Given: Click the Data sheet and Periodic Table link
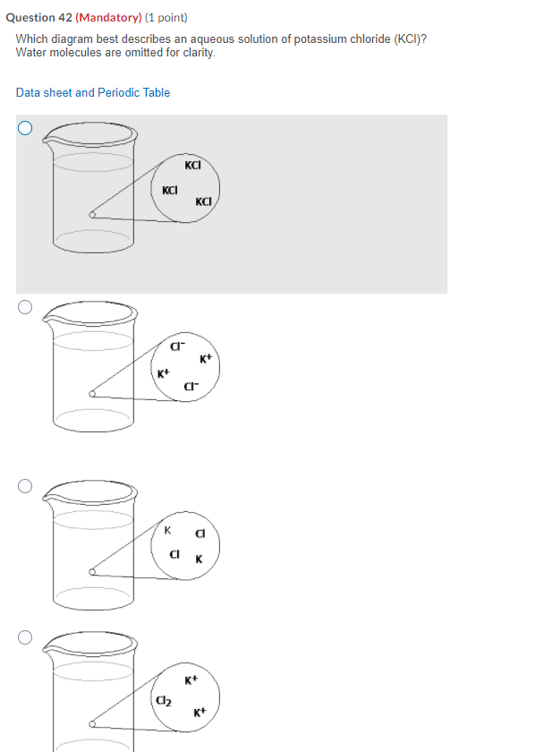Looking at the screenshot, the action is [x=93, y=92].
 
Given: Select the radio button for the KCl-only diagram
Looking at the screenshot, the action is [x=25, y=128].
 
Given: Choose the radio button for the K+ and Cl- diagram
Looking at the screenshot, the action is [x=25, y=307].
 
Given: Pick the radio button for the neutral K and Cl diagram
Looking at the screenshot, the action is [x=25, y=486].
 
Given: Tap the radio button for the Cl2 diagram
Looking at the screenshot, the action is [x=25, y=637].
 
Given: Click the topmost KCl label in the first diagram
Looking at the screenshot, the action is [x=192, y=166].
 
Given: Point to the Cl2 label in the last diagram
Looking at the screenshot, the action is [x=164, y=701].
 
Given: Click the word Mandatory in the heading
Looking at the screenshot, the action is [x=108, y=18].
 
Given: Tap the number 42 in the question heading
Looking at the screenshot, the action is [x=65, y=18].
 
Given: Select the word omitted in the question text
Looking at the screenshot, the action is [x=144, y=52].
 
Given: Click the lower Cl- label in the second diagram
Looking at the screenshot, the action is [x=191, y=387].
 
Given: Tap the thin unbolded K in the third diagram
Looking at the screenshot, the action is [x=167, y=530].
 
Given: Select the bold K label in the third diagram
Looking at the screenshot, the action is [x=199, y=560].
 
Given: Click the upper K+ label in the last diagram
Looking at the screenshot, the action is [x=191, y=680].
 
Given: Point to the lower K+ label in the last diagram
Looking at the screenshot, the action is [x=200, y=713].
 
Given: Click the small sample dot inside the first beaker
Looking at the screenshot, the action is [x=92, y=215].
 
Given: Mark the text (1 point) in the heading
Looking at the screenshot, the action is [x=166, y=18].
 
